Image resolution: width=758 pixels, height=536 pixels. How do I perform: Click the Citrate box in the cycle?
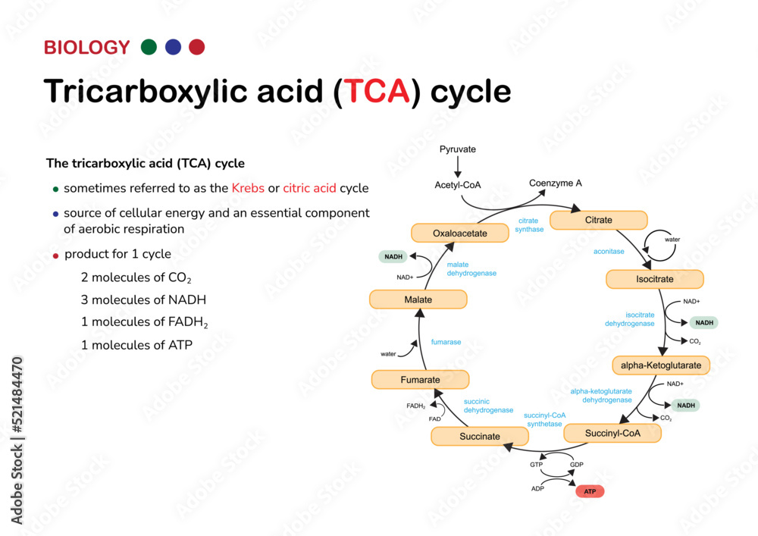click(598, 221)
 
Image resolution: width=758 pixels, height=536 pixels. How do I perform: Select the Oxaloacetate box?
click(459, 234)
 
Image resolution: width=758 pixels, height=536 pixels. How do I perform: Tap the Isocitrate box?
click(654, 279)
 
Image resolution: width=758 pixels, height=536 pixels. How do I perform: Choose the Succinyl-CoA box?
click(612, 434)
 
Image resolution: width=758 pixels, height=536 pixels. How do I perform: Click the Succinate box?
click(479, 437)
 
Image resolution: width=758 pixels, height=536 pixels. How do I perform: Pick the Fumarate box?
click(420, 380)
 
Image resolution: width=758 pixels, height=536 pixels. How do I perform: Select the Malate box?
click(418, 299)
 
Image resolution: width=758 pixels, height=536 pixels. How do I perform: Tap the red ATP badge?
click(590, 492)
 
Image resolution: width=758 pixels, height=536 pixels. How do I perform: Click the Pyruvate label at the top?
click(458, 149)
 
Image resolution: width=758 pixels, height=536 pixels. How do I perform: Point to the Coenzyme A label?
click(556, 183)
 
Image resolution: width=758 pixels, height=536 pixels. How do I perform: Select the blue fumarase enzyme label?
click(446, 342)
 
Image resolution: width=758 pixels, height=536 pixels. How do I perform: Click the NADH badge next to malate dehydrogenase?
click(393, 257)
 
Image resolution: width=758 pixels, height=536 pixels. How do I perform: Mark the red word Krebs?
click(248, 188)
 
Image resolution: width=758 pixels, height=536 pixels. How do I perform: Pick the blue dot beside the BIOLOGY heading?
click(173, 47)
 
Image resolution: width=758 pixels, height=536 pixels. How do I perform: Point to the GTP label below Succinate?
click(537, 464)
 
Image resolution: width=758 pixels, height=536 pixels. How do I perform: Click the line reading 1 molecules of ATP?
click(136, 345)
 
